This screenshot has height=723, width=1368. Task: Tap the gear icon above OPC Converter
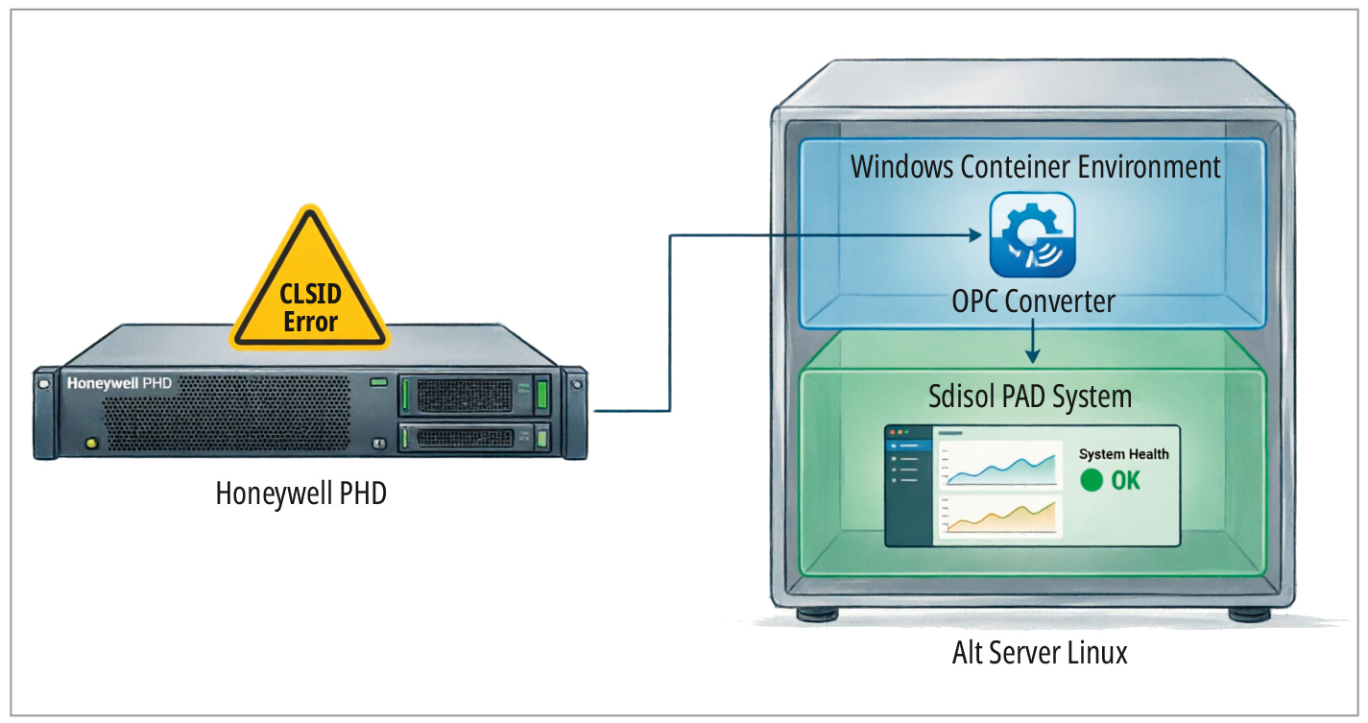pyautogui.click(x=1032, y=235)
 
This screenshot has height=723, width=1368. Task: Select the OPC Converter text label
pyautogui.click(x=1033, y=301)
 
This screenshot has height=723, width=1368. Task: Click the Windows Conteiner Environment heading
pyautogui.click(x=1036, y=167)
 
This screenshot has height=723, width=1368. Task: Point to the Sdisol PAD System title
pyautogui.click(x=1030, y=397)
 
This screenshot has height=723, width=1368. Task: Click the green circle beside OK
pyautogui.click(x=1092, y=480)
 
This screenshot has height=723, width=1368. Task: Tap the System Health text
pyautogui.click(x=1124, y=454)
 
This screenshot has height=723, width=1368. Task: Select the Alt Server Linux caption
pyautogui.click(x=1040, y=653)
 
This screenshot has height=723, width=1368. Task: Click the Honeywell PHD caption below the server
pyautogui.click(x=301, y=494)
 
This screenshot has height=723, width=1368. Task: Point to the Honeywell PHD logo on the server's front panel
pyautogui.click(x=119, y=383)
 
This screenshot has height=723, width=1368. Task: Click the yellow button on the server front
pyautogui.click(x=92, y=443)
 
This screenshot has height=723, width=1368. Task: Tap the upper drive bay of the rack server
pyautogui.click(x=475, y=395)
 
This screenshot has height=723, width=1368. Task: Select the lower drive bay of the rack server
pyautogui.click(x=475, y=438)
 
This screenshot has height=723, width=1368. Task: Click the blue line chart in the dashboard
pyautogui.click(x=1000, y=466)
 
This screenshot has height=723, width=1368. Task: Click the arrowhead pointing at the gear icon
pyautogui.click(x=975, y=235)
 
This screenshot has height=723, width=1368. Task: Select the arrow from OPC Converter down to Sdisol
pyautogui.click(x=1033, y=341)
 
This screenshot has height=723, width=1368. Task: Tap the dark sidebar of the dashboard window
pyautogui.click(x=909, y=486)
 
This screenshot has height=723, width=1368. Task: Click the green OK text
pyautogui.click(x=1125, y=481)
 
